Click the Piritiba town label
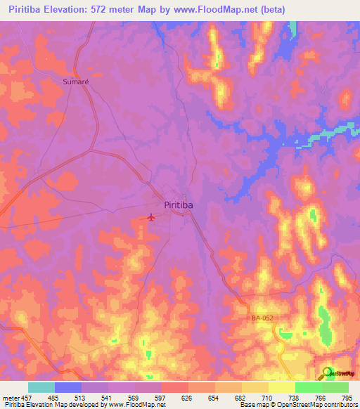[x=179, y=205]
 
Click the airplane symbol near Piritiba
[x=151, y=217]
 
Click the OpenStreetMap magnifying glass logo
[x=328, y=373]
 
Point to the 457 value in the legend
[x=26, y=398]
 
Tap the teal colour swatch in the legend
[x=41, y=387]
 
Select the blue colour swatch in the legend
[x=68, y=387]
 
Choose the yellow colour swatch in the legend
[x=282, y=387]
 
